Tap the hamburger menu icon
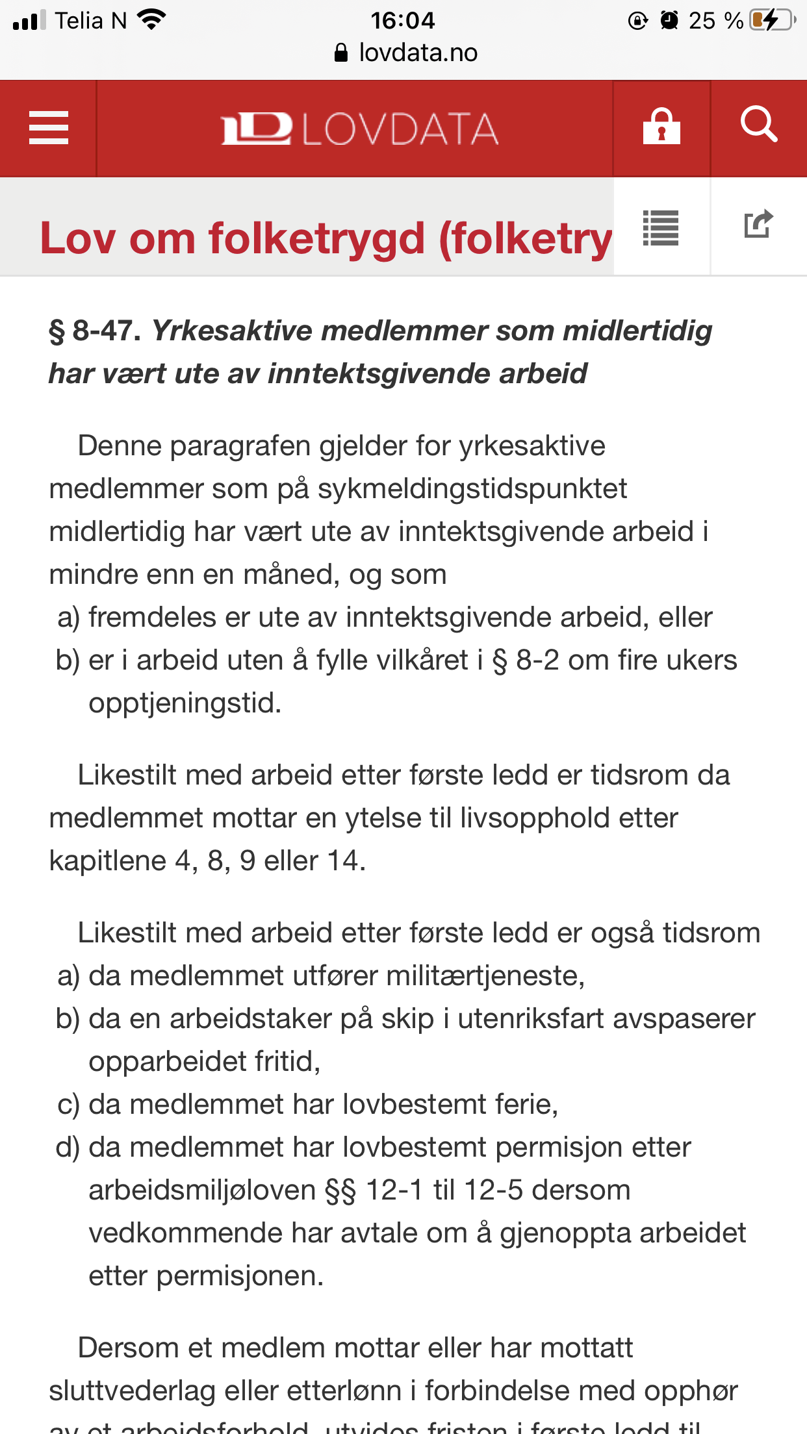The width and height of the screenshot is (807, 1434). (49, 128)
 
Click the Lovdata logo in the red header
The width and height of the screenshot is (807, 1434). (359, 129)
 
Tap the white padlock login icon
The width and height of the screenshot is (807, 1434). (661, 127)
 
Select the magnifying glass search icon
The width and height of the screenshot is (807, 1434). (758, 125)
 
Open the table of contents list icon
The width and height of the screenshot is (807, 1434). (661, 228)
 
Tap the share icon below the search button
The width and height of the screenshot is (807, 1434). (758, 225)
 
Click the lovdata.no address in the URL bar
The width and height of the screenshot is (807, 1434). (417, 53)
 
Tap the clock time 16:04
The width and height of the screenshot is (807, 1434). (402, 20)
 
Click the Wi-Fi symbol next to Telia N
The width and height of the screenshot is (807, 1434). (152, 20)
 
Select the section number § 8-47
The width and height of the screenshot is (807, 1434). (95, 331)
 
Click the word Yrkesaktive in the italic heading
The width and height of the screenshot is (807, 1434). (232, 331)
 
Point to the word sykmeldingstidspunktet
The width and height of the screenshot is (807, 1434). (472, 489)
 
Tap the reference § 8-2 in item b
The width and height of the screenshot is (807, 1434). (526, 660)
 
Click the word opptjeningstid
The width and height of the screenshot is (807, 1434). (185, 703)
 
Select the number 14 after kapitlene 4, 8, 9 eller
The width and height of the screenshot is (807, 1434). (342, 861)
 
